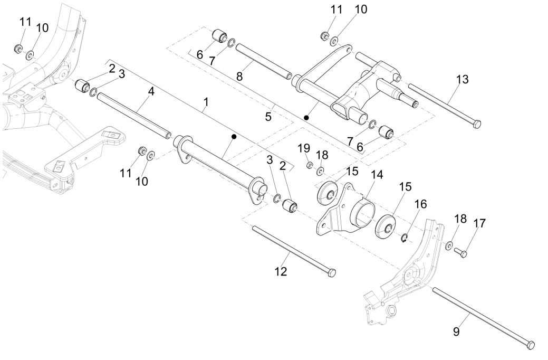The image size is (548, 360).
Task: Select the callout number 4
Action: pyautogui.click(x=151, y=91)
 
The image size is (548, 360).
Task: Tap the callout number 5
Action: pyautogui.click(x=268, y=116)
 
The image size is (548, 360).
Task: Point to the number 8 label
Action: pyautogui.click(x=239, y=76)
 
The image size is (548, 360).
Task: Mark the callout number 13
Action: pyautogui.click(x=462, y=79)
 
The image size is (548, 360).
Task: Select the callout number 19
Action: pyautogui.click(x=304, y=148)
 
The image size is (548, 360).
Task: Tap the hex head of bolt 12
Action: pyautogui.click(x=331, y=273)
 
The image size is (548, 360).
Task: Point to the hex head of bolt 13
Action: pyautogui.click(x=476, y=124)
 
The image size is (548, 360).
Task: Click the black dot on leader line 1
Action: pyautogui.click(x=233, y=137)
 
